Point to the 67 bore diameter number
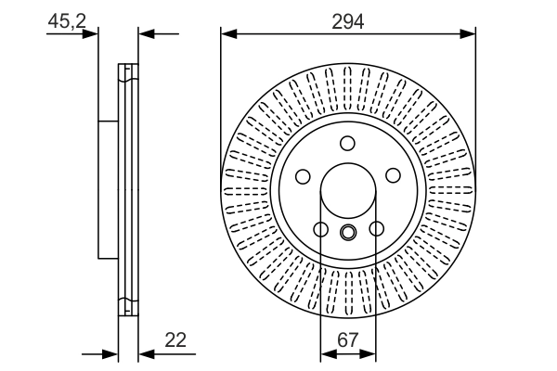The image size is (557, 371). (348, 340)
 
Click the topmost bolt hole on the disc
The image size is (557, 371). (348, 143)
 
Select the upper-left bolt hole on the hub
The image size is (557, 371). (303, 176)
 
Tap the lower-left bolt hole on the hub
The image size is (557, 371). (320, 229)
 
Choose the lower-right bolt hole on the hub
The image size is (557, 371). (376, 229)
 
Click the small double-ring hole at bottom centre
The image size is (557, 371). (348, 232)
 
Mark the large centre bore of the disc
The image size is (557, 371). (348, 195)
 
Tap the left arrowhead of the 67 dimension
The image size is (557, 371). (326, 353)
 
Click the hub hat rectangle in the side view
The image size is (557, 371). (108, 190)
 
